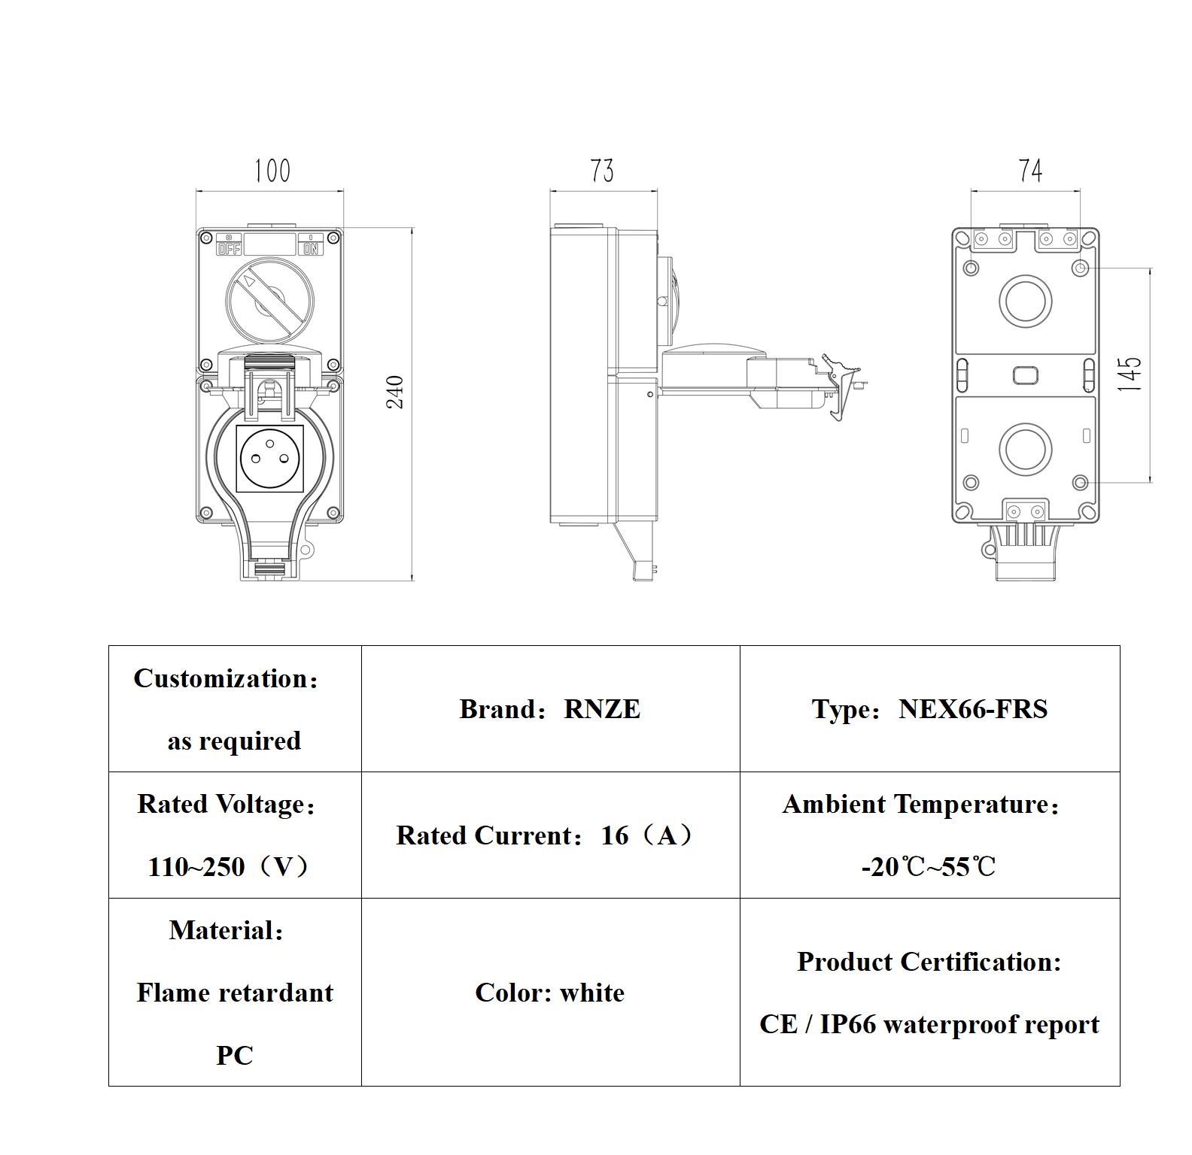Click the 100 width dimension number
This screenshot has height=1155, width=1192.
[x=272, y=171]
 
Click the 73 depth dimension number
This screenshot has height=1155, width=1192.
[x=602, y=171]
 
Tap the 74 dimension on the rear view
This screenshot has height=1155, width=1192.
[x=1030, y=171]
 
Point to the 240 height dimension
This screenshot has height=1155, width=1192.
[x=395, y=392]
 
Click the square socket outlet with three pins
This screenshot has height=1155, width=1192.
[x=270, y=459]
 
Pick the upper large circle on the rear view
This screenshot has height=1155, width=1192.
[x=1025, y=301]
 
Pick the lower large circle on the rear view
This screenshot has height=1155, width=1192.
[x=1025, y=448]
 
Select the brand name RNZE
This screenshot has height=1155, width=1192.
[x=602, y=709]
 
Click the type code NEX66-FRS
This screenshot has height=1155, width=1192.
[x=972, y=709]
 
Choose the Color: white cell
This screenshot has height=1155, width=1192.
[x=549, y=993]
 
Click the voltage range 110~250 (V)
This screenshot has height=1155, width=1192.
[x=229, y=867]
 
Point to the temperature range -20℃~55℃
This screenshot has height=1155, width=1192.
[x=929, y=867]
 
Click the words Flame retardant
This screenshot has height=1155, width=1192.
[x=235, y=993]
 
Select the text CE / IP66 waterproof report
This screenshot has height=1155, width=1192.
[x=929, y=1024]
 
